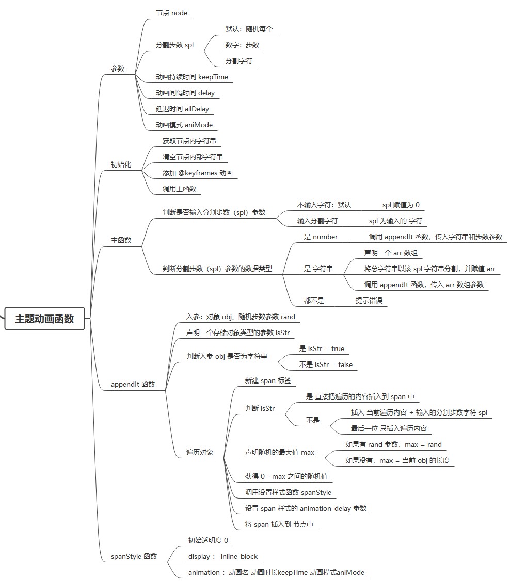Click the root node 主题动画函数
coord(44,319)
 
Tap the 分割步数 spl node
coord(174,45)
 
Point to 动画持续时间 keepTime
coord(191,77)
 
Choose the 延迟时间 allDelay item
coord(182,109)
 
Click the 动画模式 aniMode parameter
coord(184,125)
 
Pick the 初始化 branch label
coord(121,165)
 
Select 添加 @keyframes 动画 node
coord(197,173)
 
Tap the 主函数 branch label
coord(121,240)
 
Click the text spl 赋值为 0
coord(401,205)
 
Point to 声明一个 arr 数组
coord(391,253)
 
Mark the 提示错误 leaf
coord(369,301)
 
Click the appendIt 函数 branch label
coord(133,385)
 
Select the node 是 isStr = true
coord(322,349)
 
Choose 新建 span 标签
coord(268,380)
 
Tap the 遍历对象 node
coord(200,453)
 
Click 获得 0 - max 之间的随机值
coord(286,476)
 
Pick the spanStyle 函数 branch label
coord(134,557)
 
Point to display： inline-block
coord(223,557)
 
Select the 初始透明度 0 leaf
coord(208,541)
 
